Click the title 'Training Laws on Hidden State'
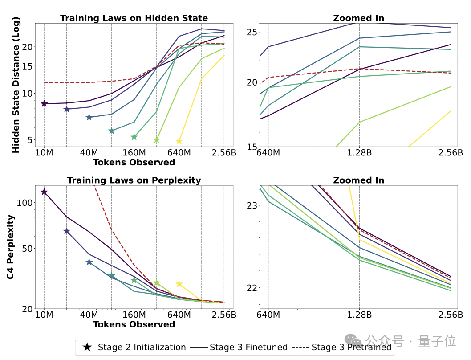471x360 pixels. (x=134, y=18)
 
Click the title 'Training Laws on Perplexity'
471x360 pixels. (x=134, y=180)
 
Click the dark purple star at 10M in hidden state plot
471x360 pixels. (x=44, y=104)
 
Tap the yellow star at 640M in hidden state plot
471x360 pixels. (x=179, y=141)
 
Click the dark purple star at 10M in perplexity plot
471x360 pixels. (x=44, y=192)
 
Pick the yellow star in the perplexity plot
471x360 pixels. (x=179, y=284)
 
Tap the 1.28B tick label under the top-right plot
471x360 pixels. (x=359, y=153)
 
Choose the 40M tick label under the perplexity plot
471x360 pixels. (x=89, y=315)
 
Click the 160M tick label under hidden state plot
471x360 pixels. (x=134, y=153)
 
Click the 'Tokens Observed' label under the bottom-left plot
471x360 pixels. (x=134, y=324)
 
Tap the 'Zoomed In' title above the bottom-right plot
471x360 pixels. (x=359, y=180)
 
